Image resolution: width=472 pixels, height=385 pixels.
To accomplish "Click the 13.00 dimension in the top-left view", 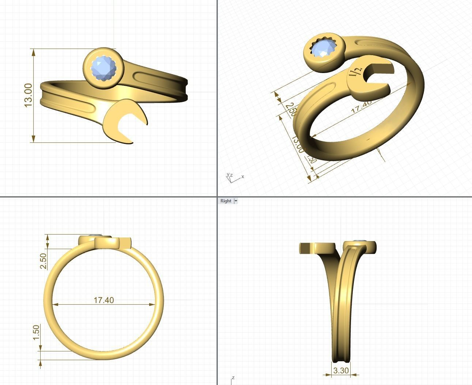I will coord(28,95).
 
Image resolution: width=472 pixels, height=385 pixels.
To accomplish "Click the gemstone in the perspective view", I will coord(322,49).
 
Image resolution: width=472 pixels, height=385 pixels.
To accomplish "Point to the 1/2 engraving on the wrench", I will coord(356,72).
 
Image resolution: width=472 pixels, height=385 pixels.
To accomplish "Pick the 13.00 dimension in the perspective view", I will coord(297,144).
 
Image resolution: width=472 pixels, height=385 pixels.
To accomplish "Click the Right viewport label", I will coord(226,201).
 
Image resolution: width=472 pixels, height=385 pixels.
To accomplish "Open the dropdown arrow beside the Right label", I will coord(236,201).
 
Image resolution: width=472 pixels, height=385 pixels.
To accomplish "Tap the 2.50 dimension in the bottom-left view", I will coord(43,261).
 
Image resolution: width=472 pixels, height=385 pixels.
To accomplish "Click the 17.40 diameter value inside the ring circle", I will coord(104,300).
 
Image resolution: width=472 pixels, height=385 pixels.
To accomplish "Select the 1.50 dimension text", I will coord(36,332).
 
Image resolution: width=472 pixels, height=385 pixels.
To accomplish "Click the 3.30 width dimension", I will coord(341,371).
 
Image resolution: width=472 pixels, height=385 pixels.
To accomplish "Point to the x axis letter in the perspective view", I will coord(243,177).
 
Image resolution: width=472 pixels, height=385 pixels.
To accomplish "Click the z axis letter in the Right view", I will coord(233,378).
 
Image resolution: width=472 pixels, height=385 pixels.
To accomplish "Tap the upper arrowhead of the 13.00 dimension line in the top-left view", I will coord(34,52).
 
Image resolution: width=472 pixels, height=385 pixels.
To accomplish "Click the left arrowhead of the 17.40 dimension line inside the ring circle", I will coord(55,304).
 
